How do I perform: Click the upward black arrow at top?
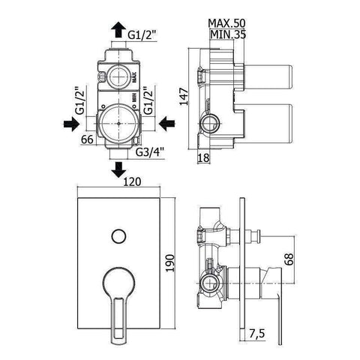coord(118,29)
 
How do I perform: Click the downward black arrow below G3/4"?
coord(118,169)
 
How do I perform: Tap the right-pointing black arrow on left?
coord(71,124)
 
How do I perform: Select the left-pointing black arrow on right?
coord(166,124)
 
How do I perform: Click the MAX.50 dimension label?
coord(227,23)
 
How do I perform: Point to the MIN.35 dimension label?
coord(228,34)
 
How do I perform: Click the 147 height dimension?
coord(184,97)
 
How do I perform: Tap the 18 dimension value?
coord(203,157)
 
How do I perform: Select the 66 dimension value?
coord(87,139)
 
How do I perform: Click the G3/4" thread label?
coord(150,152)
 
